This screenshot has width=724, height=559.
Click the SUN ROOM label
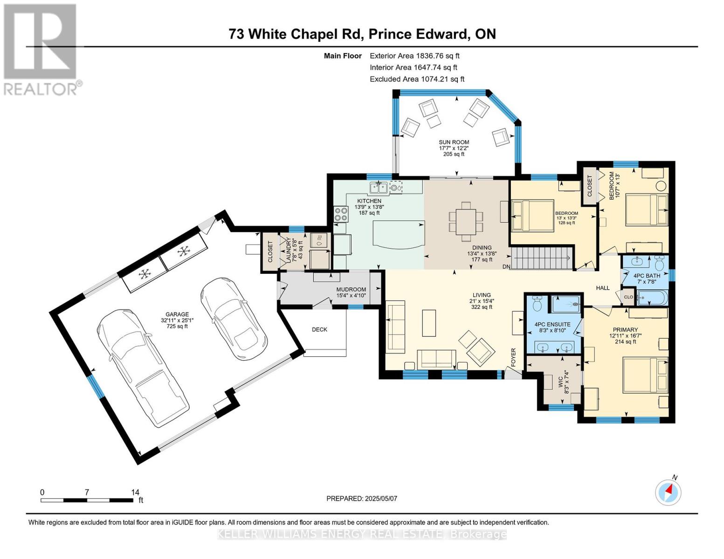(x=454, y=142)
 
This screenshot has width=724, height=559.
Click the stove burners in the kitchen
(x=341, y=214)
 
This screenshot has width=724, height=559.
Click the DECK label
(x=319, y=329)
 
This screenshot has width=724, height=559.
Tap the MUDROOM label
(x=351, y=290)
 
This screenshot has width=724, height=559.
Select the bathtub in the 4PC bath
(x=652, y=297)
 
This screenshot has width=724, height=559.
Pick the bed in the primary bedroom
(x=646, y=375)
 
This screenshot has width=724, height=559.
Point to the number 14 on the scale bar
(x=135, y=492)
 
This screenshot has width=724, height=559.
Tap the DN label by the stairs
(x=506, y=266)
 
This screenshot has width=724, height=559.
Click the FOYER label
(x=513, y=358)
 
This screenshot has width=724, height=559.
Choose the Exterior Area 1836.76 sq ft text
(x=415, y=56)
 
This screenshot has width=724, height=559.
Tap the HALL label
(x=603, y=288)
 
